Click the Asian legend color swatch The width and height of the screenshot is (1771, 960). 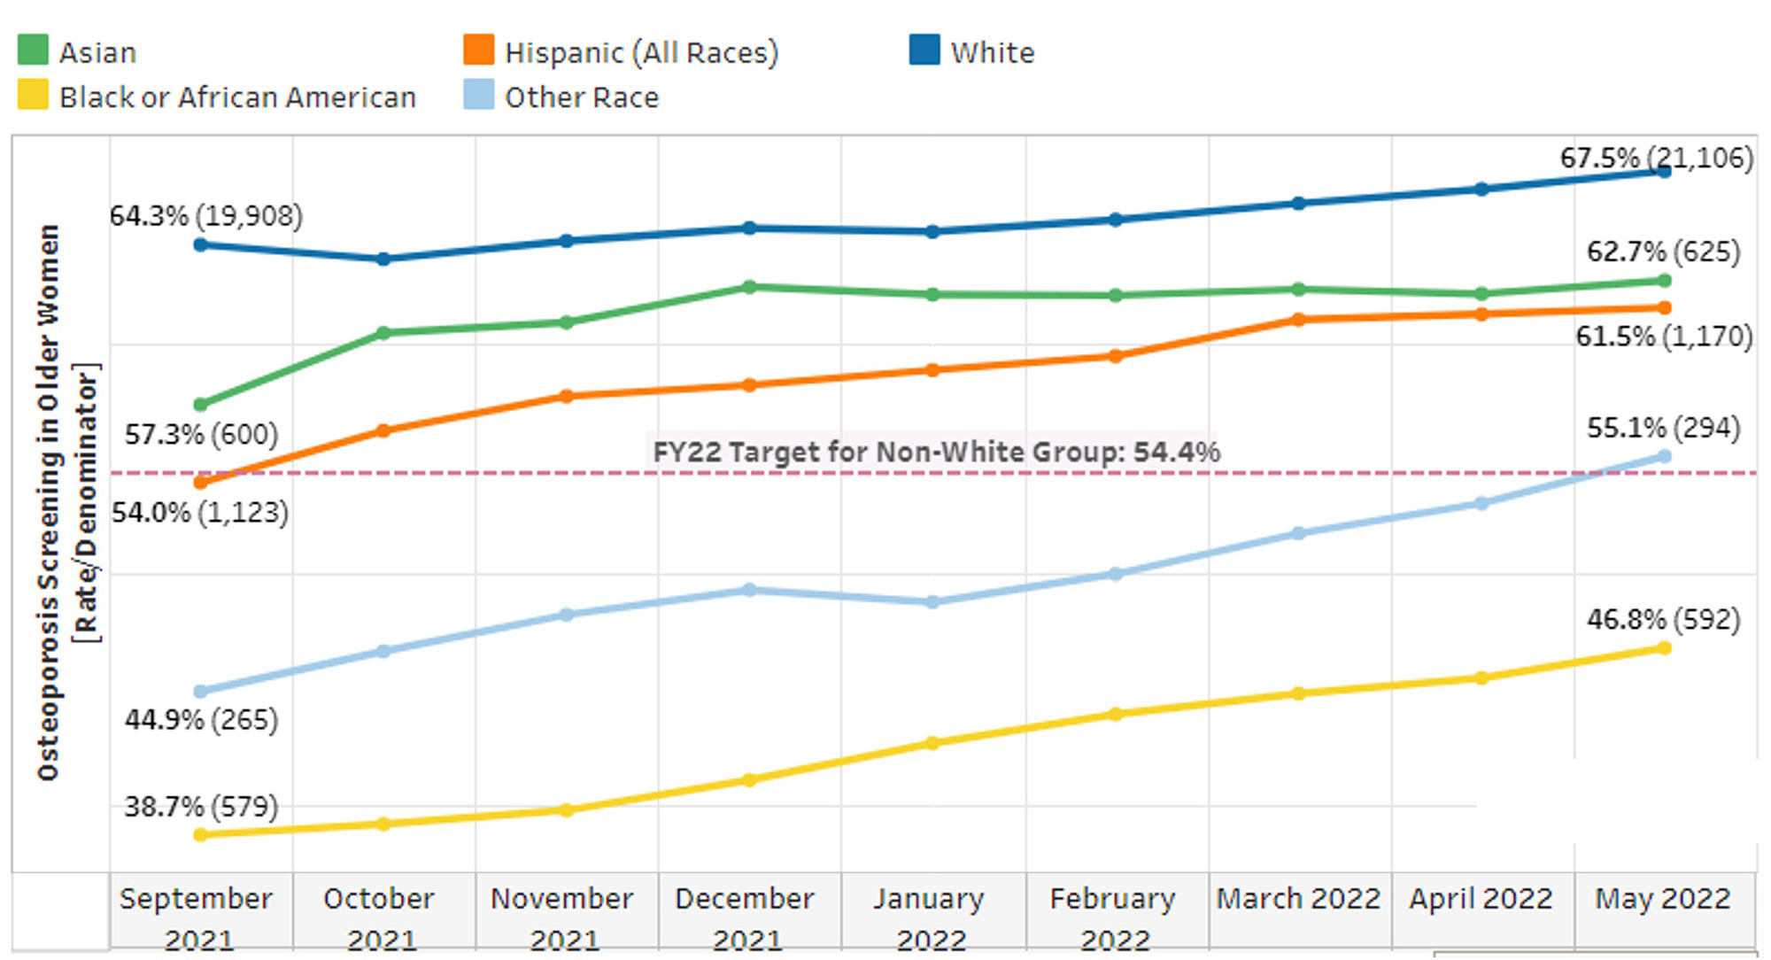pyautogui.click(x=33, y=50)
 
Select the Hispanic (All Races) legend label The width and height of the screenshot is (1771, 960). pyautogui.click(x=641, y=53)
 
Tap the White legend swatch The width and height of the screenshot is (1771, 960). pyautogui.click(x=924, y=50)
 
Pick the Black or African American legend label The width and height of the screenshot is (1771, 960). pyautogui.click(x=237, y=97)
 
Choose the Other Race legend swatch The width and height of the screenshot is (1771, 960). pyautogui.click(x=479, y=96)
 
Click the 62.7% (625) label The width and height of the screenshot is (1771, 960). pyautogui.click(x=1663, y=252)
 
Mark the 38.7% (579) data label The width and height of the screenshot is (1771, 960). pyautogui.click(x=201, y=807)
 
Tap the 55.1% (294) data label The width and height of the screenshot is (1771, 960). pyautogui.click(x=1663, y=429)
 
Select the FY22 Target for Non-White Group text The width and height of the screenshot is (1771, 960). pyautogui.click(x=936, y=453)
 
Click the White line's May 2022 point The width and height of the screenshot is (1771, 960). pyautogui.click(x=1664, y=172)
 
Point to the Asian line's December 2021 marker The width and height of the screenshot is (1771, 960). pyautogui.click(x=749, y=287)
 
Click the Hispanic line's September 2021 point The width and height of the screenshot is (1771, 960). pyautogui.click(x=201, y=483)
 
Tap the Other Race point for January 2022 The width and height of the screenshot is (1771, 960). pyautogui.click(x=932, y=602)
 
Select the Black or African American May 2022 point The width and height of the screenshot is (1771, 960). pyautogui.click(x=1664, y=648)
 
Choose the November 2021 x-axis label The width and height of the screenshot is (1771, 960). pyautogui.click(x=562, y=917)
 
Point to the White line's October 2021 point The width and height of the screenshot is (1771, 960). pyautogui.click(x=383, y=259)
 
